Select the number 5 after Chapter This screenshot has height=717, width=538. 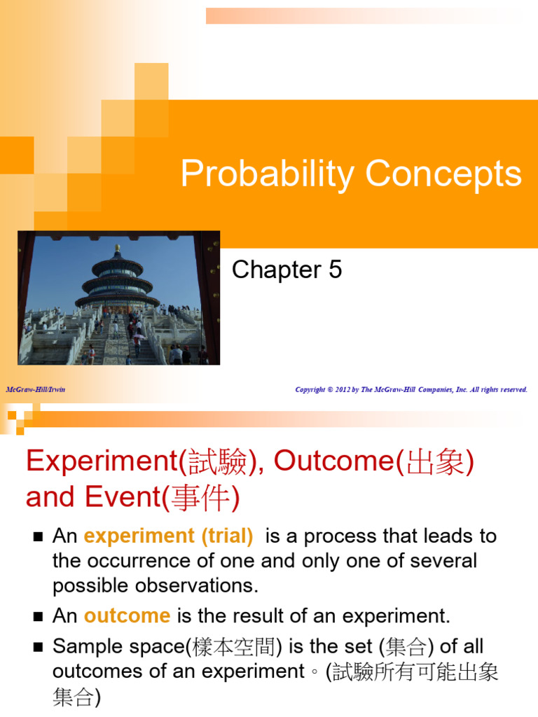(335, 270)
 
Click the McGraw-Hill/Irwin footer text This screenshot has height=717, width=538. (36, 389)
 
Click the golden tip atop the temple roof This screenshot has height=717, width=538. (117, 248)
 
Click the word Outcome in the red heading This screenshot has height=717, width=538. (333, 461)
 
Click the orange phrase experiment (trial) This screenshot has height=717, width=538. (168, 536)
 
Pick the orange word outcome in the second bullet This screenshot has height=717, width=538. (127, 616)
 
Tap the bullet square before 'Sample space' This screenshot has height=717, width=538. (38, 647)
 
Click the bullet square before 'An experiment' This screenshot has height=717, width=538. (38, 537)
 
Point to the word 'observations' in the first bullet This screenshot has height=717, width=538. (205, 585)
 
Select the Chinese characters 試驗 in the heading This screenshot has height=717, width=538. (222, 461)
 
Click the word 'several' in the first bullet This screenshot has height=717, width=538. (444, 561)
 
